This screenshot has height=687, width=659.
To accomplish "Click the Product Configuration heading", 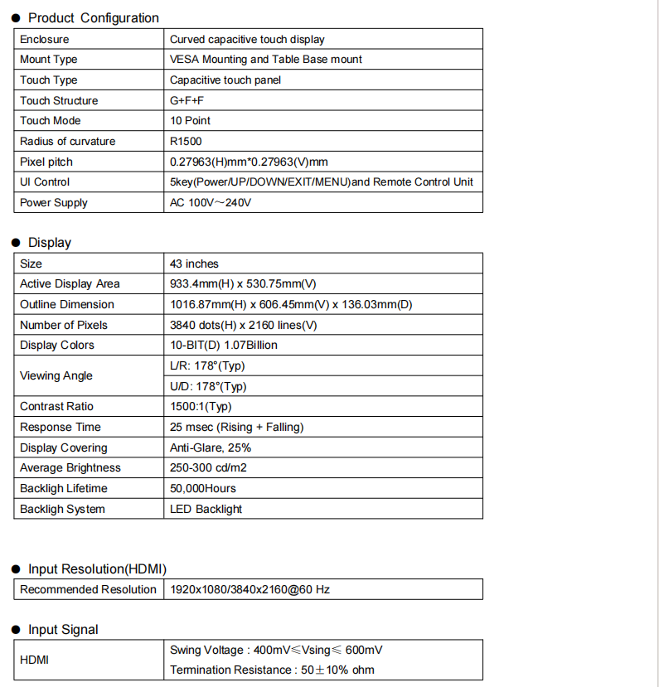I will tap(93, 18).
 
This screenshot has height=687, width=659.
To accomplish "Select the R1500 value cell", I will tap(186, 141).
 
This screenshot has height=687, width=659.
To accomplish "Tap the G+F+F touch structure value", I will tap(187, 100).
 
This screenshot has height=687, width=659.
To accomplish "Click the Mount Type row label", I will tap(49, 60).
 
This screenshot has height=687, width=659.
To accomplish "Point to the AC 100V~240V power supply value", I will tap(211, 202).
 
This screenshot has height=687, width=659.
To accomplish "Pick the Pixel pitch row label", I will tap(46, 162).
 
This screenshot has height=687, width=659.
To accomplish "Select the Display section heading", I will tap(50, 243).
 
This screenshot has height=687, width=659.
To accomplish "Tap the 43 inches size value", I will tap(194, 264).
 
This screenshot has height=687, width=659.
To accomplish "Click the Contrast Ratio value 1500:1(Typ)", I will tap(201, 406).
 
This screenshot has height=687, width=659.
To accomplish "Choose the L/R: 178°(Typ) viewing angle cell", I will tap(207, 365).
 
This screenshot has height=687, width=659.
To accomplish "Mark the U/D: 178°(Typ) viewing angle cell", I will tap(208, 386).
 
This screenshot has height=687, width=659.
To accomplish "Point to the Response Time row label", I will tap(61, 427).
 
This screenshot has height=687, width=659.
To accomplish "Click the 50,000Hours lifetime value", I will tap(203, 488).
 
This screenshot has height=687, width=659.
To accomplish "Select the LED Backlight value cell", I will tap(206, 509).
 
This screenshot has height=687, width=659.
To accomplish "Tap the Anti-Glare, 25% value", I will tap(211, 448).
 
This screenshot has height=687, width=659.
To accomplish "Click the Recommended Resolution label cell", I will tap(88, 589).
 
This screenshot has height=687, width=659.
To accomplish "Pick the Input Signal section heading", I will tap(63, 630).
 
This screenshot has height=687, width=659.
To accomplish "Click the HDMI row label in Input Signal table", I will tap(35, 660).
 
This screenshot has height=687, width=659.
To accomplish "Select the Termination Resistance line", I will tap(272, 670).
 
